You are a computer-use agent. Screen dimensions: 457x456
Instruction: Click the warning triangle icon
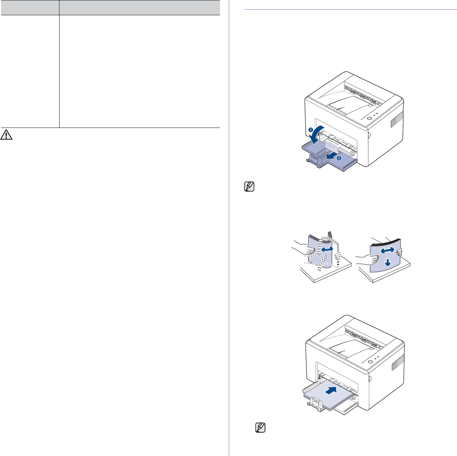pos(6,135)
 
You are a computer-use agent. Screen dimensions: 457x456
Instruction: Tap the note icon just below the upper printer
pos(249,187)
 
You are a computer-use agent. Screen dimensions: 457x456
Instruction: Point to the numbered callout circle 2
pos(339,158)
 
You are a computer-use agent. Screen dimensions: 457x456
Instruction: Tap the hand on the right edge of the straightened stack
pos(400,252)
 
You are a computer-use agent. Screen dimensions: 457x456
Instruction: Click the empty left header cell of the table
pos(30,7)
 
